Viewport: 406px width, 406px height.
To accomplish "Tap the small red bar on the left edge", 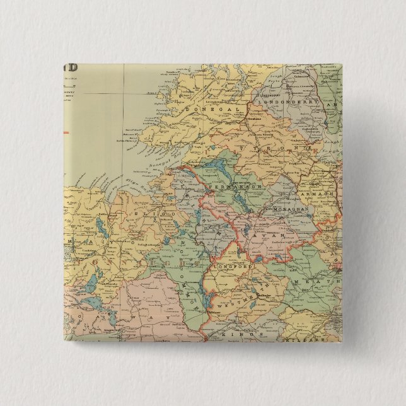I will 67,132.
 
